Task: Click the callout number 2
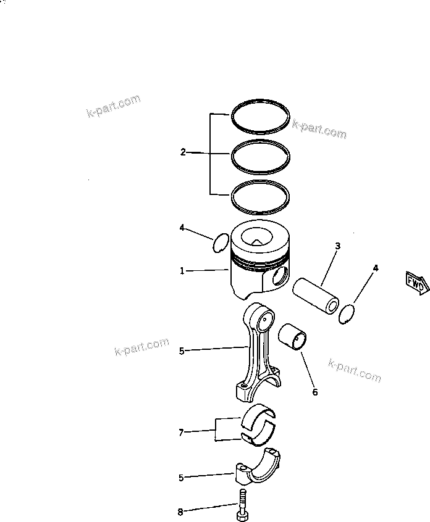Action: coord(183,152)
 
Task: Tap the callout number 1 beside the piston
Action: coord(182,271)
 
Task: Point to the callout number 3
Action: coord(337,246)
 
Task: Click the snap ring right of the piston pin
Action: coord(348,313)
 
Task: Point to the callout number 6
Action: coord(314,392)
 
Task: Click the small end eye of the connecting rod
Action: coord(268,319)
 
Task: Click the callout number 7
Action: coord(181,433)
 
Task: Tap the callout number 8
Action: coord(180,512)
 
